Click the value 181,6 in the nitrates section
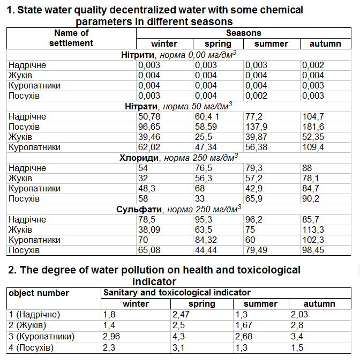(x=313, y=127)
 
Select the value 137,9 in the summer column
(x=256, y=127)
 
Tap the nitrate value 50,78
(x=149, y=116)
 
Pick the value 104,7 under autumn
(x=313, y=116)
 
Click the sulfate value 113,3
(x=313, y=229)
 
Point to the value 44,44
(x=206, y=250)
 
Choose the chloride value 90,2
(x=311, y=198)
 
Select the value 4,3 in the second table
(x=178, y=336)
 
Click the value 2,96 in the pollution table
(x=111, y=336)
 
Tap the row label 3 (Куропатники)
(x=41, y=336)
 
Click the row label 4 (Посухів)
(x=31, y=348)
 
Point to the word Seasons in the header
(x=243, y=33)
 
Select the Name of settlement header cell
(x=71, y=38)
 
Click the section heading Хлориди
(x=139, y=158)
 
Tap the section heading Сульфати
(x=139, y=209)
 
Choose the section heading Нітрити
(x=138, y=55)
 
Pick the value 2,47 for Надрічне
(x=181, y=314)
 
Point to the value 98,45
(x=313, y=250)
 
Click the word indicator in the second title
(x=154, y=281)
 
